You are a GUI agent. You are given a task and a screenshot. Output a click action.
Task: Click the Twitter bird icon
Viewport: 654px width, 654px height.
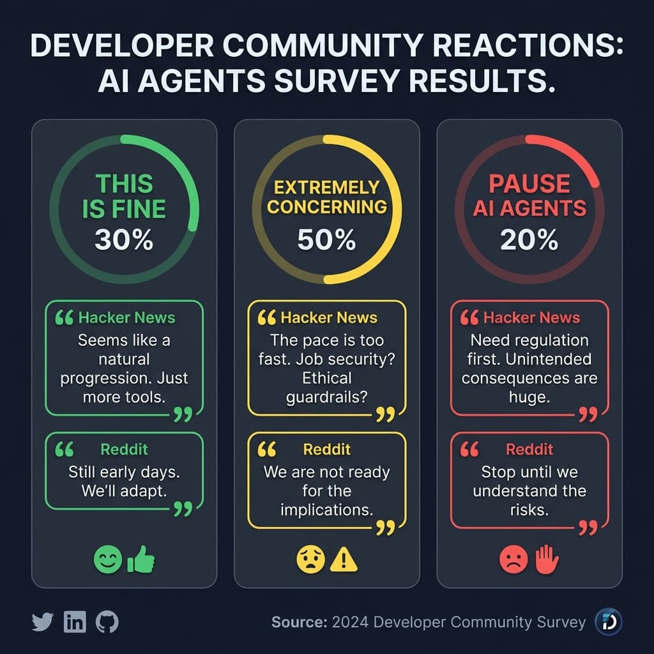[42, 621]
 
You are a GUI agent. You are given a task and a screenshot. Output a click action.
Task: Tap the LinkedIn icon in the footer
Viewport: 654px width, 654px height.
[75, 621]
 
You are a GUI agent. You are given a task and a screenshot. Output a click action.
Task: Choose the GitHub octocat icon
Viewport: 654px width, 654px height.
[107, 621]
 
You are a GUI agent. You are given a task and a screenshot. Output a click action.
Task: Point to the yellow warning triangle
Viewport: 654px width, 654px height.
[344, 560]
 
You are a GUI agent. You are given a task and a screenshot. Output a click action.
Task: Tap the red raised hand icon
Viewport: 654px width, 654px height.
[547, 560]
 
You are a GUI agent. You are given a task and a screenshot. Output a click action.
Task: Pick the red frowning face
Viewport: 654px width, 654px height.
[513, 560]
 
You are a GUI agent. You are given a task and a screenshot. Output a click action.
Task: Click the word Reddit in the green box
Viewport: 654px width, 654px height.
[124, 450]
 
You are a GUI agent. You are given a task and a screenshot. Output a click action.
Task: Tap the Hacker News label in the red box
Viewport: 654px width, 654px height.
[531, 317]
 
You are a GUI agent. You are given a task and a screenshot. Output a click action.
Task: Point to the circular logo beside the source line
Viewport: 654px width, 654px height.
[608, 621]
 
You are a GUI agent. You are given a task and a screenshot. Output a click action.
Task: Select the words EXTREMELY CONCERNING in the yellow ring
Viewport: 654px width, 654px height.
[326, 197]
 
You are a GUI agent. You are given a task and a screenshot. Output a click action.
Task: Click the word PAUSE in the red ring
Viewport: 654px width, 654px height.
[529, 184]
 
